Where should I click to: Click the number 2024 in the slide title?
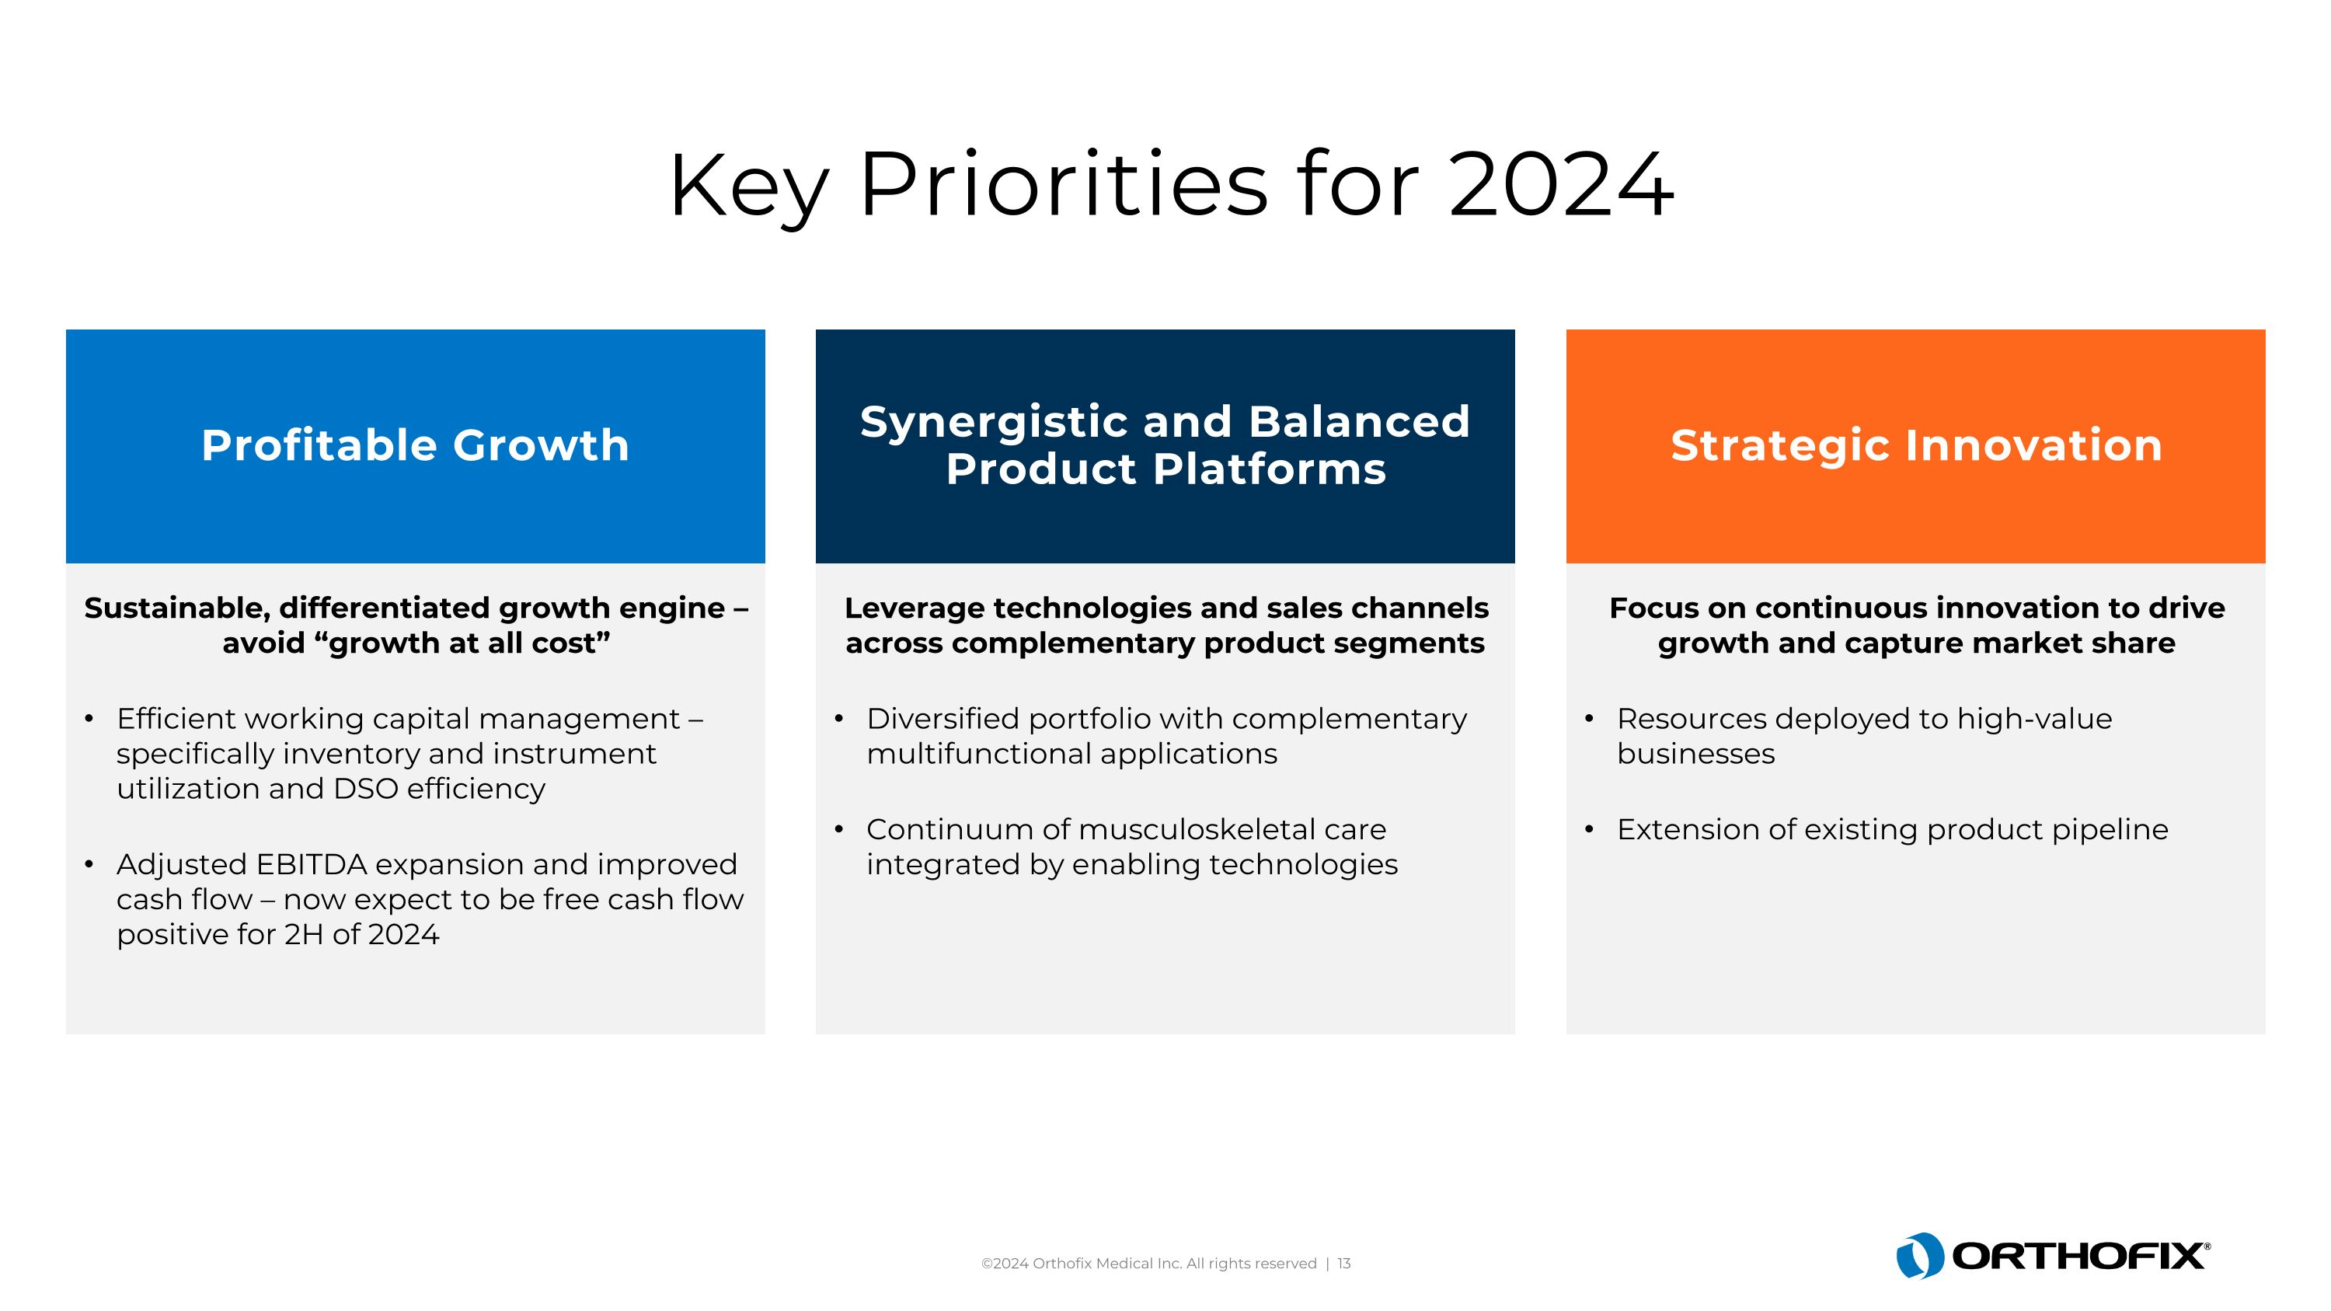pos(1560,186)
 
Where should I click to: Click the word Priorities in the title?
pos(1063,186)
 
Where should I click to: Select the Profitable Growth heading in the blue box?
pos(416,445)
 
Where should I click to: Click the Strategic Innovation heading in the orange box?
pos(1915,445)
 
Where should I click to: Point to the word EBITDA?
pos(312,864)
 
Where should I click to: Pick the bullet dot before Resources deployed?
pos(1589,718)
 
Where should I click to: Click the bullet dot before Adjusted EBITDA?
pos(89,864)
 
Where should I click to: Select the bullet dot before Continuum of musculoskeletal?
pos(839,828)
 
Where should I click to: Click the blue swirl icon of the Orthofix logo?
pos(1919,1255)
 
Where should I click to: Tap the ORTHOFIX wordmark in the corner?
pos(2078,1256)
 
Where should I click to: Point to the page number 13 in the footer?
pos(1343,1263)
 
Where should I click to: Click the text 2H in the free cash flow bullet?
pos(303,935)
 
